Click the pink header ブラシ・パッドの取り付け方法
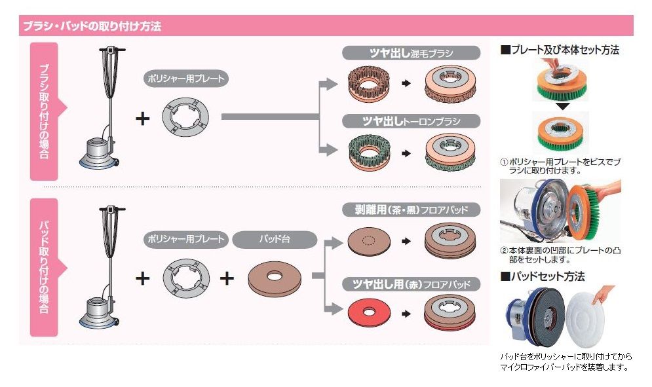tap(92, 27)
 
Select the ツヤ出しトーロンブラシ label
tap(412, 121)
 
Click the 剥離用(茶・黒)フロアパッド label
tap(412, 210)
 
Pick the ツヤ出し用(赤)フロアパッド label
tap(412, 284)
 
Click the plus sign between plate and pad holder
tap(227, 279)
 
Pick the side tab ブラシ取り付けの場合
tap(44, 111)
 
